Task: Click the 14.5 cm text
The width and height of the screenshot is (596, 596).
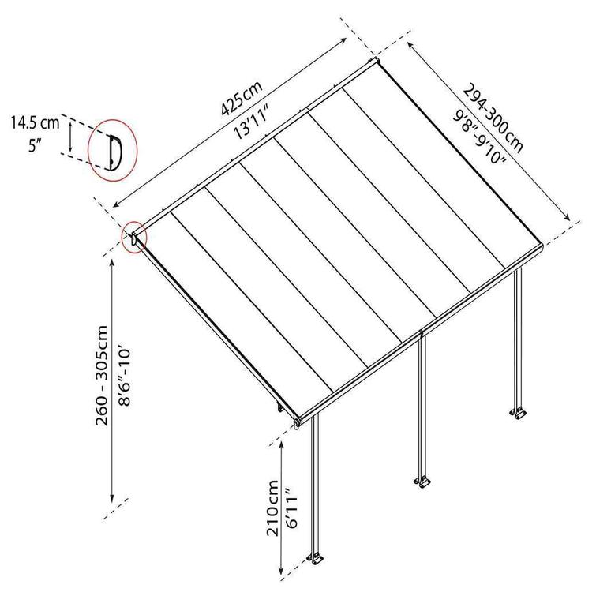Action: point(35,122)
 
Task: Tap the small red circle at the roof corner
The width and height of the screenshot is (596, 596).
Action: point(135,238)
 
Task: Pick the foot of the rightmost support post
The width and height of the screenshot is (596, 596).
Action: point(519,413)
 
